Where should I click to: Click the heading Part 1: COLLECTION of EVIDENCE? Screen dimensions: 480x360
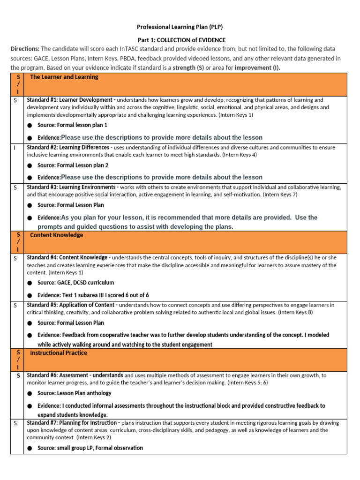tap(181, 40)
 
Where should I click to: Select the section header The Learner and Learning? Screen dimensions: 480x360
tap(64, 77)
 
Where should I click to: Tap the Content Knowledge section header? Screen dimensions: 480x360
tap(56, 235)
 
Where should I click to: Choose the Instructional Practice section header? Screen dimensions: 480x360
tap(59, 353)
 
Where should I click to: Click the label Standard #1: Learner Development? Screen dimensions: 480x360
tap(69, 100)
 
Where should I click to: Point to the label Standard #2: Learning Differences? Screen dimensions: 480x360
tap(70, 147)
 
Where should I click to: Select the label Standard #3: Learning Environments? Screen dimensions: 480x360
tap(72, 187)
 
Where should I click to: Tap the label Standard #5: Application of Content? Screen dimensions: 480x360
tap(72, 305)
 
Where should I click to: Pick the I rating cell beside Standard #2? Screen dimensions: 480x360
tap(15, 148)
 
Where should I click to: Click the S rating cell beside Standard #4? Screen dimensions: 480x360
tap(15, 258)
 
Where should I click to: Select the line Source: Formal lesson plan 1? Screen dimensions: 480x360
tap(72, 125)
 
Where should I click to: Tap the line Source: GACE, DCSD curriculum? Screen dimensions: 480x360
tap(75, 283)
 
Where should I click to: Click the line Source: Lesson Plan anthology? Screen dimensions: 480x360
tap(74, 393)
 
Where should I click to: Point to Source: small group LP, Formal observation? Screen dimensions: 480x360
tap(90, 448)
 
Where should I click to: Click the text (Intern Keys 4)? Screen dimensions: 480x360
tap(239, 155)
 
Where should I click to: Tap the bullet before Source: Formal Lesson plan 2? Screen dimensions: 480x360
tap(30, 165)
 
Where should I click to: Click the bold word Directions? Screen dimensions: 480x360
tap(25, 49)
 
